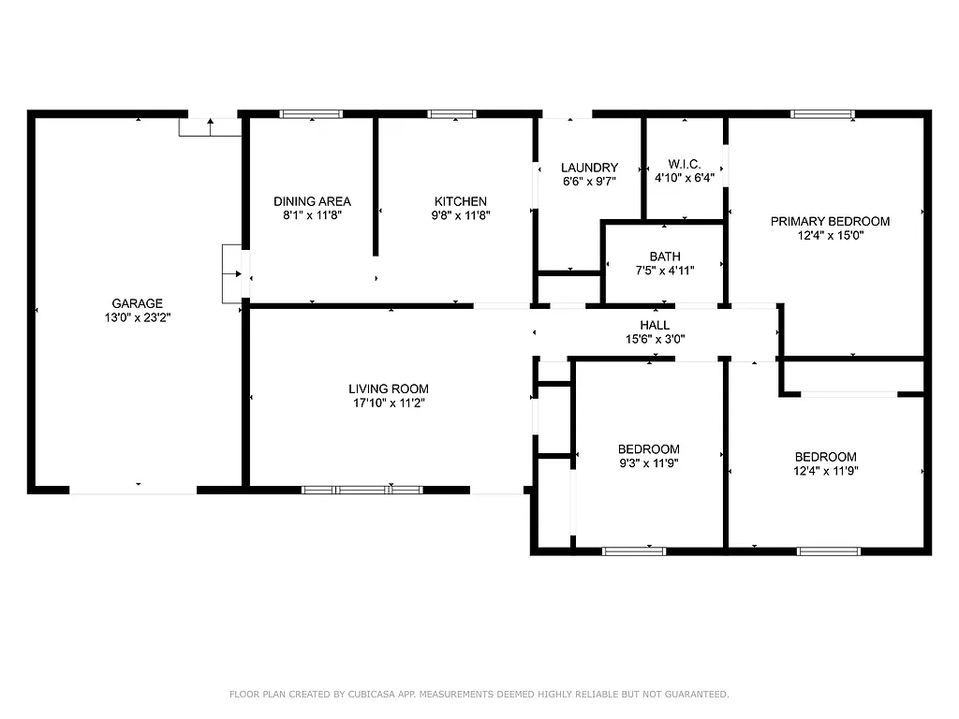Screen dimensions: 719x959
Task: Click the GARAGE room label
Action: pos(138,303)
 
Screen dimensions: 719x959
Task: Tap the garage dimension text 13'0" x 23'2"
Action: pos(138,317)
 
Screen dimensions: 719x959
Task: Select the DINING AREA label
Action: pos(312,201)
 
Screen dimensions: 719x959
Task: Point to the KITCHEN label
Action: pos(460,201)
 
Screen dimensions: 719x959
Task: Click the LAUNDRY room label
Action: pos(589,168)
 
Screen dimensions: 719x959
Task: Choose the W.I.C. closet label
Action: pos(684,164)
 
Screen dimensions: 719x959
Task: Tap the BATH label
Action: pos(665,257)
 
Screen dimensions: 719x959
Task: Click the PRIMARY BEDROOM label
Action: pos(830,222)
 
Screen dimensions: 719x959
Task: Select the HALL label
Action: pos(655,325)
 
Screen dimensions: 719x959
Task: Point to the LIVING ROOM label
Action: pos(389,389)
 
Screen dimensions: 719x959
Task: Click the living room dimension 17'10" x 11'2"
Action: pos(389,404)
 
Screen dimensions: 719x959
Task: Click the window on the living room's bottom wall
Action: pos(361,490)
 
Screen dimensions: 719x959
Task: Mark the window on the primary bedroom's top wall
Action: pos(822,114)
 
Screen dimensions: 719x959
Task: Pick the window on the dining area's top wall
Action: pos(311,114)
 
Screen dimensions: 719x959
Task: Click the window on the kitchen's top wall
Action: pos(451,114)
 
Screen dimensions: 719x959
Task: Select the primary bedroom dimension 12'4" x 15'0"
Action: pos(830,236)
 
